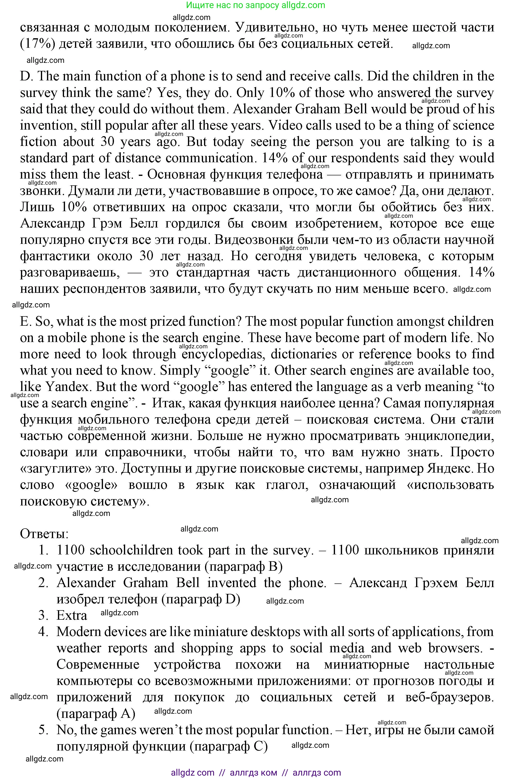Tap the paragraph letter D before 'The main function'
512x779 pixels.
[25, 76]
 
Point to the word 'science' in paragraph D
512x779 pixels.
[473, 125]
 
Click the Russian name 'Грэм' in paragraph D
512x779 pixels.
[107, 224]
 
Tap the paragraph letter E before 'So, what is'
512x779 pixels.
[25, 322]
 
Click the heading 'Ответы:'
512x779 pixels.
[44, 534]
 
